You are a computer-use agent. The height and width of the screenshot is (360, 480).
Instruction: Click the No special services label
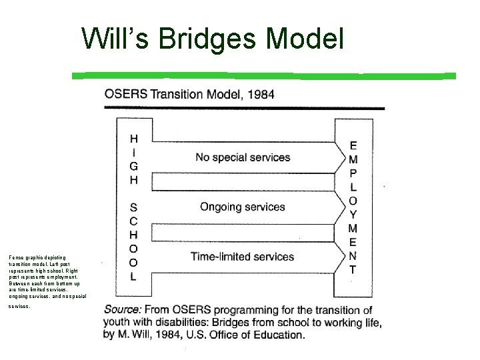pos(243,158)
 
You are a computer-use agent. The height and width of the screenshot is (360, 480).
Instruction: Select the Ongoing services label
pos(243,207)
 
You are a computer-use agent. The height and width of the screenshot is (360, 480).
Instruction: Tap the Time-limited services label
pos(242,257)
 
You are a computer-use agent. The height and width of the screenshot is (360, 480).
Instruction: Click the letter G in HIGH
pos(134,167)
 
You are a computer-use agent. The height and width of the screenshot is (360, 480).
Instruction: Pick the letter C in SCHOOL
pos(134,221)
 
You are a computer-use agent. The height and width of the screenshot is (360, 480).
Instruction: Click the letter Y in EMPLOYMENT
pos(353,215)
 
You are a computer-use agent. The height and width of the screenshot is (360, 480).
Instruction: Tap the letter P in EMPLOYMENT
pos(353,173)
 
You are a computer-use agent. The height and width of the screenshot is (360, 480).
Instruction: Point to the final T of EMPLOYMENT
pos(353,270)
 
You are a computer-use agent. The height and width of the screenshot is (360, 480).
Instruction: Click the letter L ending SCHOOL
pos(134,276)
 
